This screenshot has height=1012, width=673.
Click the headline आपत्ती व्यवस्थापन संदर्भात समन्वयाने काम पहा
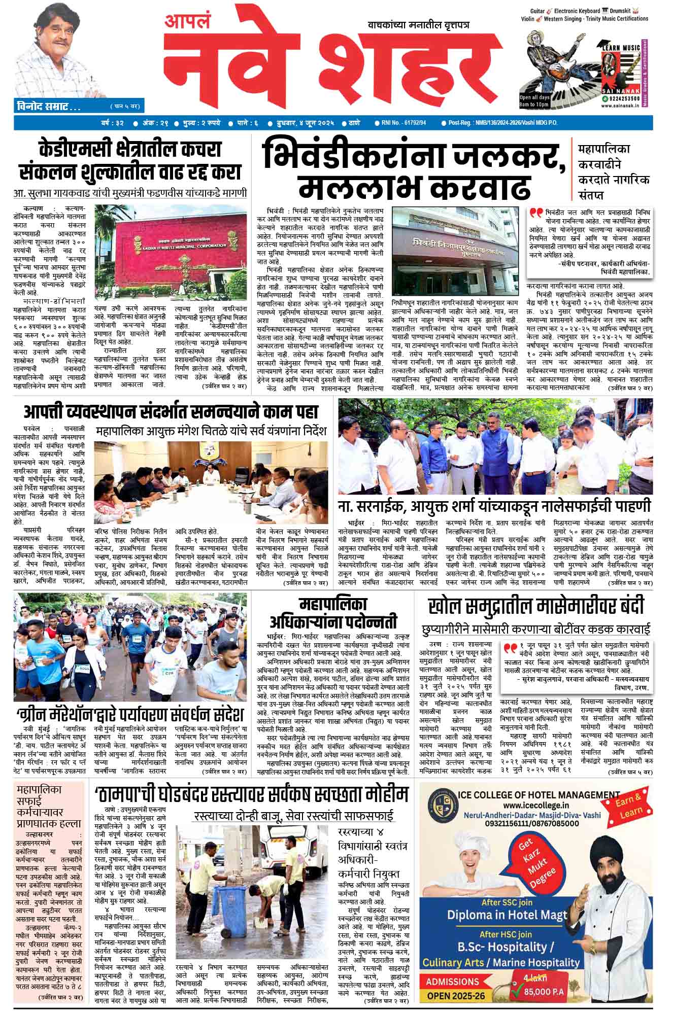tap(171, 410)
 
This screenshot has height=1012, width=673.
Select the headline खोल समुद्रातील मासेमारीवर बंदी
tap(536, 606)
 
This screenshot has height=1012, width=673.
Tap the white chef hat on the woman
tap(476, 854)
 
